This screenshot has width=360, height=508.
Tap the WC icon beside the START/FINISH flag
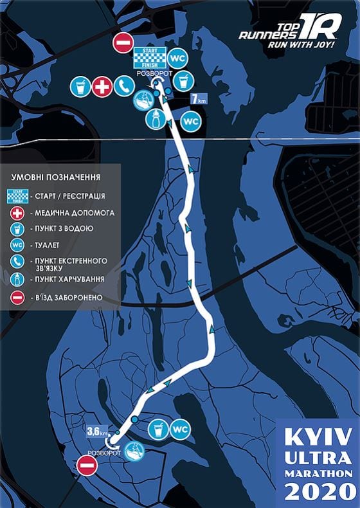pos(177,59)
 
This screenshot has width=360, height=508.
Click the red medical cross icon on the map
pos(102,87)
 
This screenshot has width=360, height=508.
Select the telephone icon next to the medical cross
pos(123,87)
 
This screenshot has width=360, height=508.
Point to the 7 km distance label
pos(199,100)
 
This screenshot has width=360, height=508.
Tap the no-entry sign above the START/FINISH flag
pos(122,43)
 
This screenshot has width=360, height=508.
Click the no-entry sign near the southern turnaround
pos(86,465)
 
